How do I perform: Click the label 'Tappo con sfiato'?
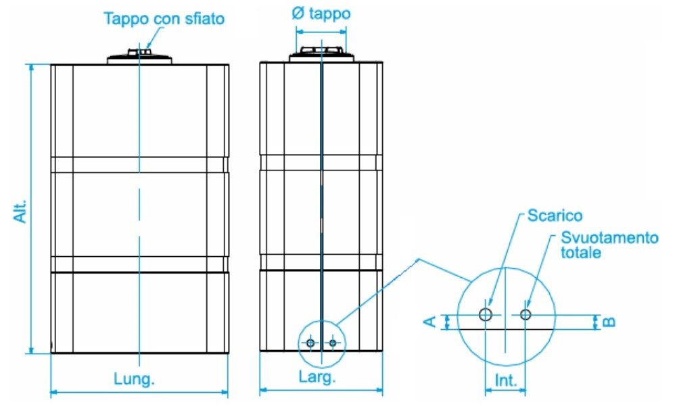coord(163,18)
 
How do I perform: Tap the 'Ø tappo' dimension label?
coord(321,14)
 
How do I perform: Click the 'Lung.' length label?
coord(133,379)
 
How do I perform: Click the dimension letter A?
coord(429,322)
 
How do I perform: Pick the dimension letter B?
coord(608,322)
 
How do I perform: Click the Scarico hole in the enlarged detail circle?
coord(486,314)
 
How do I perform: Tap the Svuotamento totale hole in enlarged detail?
coord(526,314)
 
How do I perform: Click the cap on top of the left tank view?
coord(139,57)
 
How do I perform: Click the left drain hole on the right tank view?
coord(310,343)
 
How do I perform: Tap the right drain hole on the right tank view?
coord(332,343)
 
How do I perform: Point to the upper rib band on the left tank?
coord(139,165)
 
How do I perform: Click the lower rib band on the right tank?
coord(321,262)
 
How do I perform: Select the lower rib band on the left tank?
coord(139,264)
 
